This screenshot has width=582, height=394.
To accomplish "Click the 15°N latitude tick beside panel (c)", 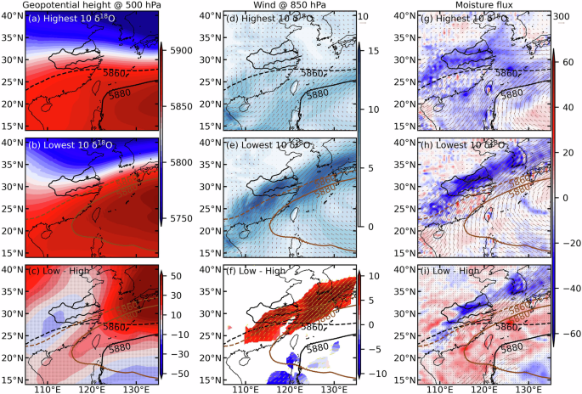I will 14,380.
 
